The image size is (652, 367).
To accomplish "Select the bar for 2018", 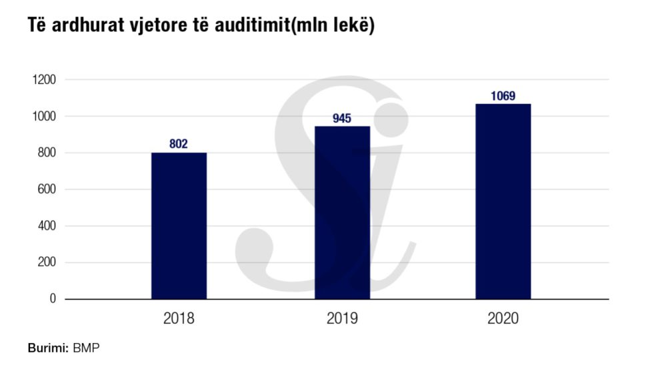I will pos(179,226).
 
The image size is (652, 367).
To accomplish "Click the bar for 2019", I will pos(342,212).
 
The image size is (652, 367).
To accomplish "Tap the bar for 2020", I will pos(503,201).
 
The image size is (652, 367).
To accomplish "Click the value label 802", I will pos(179,143).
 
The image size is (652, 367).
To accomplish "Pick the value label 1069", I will pos(503,95).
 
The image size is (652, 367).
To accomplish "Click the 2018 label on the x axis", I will pos(179,318).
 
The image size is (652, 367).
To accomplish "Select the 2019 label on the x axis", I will pos(342,318).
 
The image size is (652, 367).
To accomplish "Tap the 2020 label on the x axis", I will pos(503,318).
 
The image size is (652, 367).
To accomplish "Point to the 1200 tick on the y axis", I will pos(43,80).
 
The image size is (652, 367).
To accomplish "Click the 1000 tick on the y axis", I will pos(43,117).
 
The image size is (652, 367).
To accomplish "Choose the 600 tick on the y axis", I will pos(46,190).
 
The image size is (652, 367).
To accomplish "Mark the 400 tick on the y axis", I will pos(46,226).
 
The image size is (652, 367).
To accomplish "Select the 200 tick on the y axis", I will pos(46,262).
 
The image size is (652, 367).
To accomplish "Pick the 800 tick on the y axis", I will pos(46,153).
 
